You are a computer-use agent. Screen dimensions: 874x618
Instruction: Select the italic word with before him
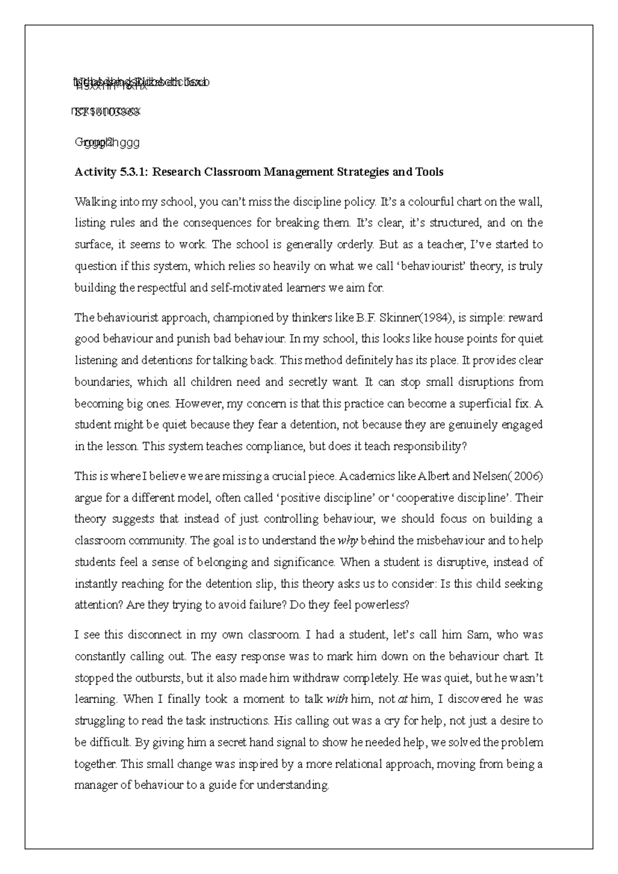pyautogui.click(x=338, y=699)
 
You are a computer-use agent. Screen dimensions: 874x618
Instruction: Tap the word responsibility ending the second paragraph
pyautogui.click(x=430, y=447)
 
